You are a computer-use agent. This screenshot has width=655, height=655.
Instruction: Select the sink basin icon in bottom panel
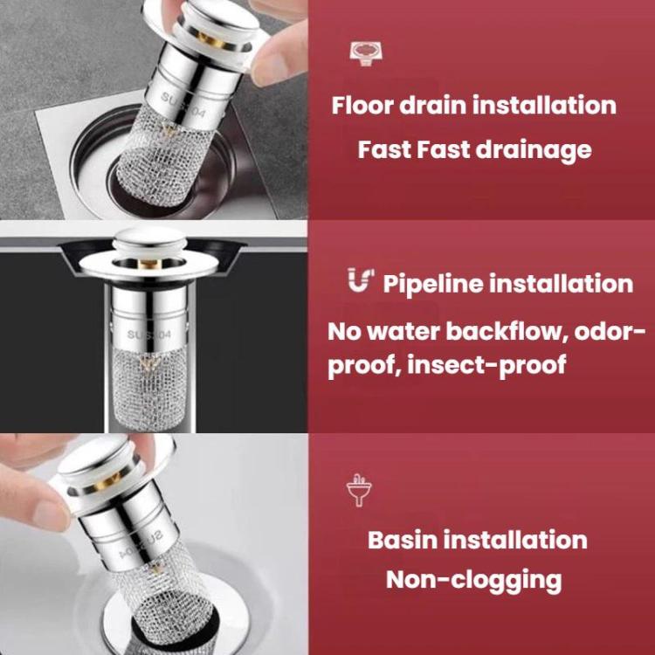click(358, 492)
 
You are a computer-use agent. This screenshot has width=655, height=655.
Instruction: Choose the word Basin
click(403, 539)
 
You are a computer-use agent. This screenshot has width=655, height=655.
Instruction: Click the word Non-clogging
click(473, 579)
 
